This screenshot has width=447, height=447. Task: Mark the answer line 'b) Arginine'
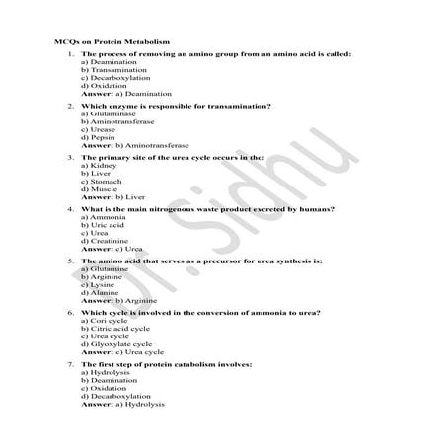[122, 300]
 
